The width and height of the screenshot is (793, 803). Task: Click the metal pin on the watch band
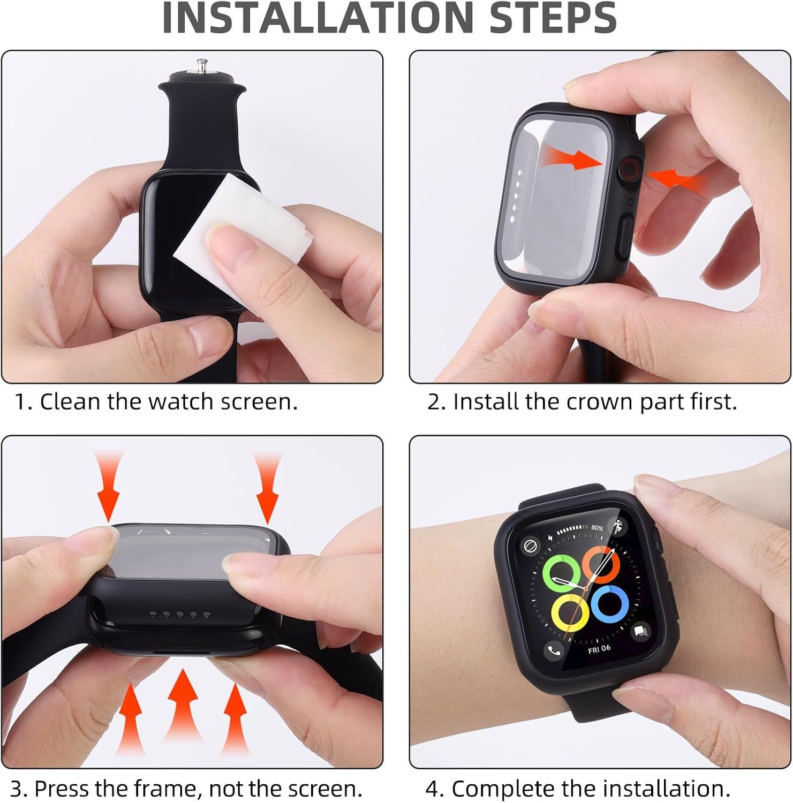click(202, 68)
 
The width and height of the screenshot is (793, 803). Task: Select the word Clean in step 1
click(71, 401)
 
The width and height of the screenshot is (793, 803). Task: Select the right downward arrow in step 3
click(267, 484)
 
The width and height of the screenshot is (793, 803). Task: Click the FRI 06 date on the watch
click(599, 649)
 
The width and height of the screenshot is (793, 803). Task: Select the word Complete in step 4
click(499, 789)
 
